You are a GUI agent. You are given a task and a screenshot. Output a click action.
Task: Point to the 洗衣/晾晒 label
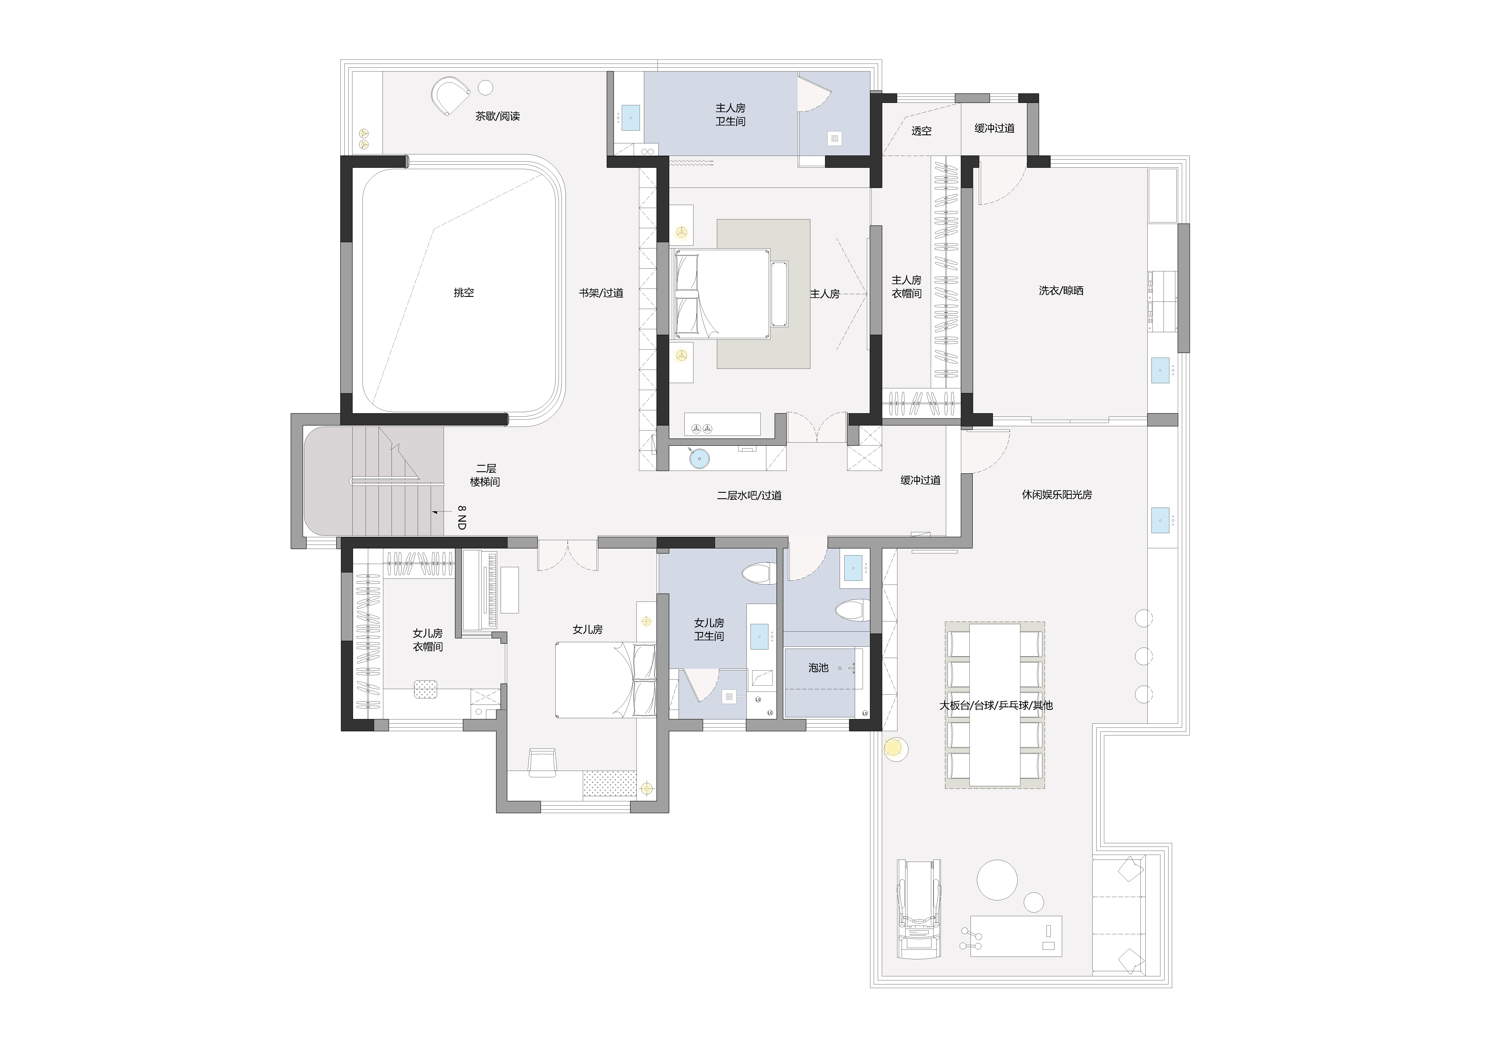click(1061, 290)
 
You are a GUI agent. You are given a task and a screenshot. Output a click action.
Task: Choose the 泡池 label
click(818, 668)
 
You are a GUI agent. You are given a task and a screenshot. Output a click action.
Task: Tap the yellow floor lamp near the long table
click(893, 747)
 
